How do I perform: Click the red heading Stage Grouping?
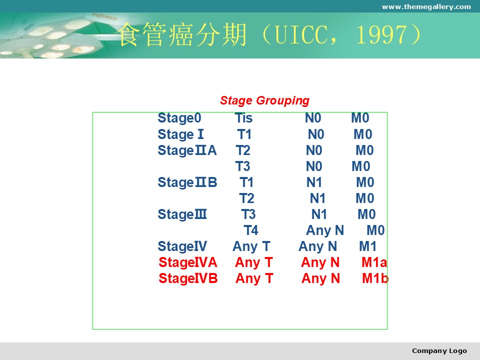(265, 100)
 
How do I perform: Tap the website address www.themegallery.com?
(426, 6)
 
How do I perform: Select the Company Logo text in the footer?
(439, 351)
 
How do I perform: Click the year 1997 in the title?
(383, 34)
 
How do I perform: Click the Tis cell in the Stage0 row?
(243, 118)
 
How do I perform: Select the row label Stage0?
(179, 118)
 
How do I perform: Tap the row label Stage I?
(180, 134)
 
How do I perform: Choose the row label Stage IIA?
(187, 150)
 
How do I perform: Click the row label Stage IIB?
(187, 182)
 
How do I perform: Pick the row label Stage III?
(182, 214)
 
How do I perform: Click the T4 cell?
(251, 230)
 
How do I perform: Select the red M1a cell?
(374, 262)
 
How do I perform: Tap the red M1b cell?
(375, 278)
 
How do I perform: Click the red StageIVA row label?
(188, 262)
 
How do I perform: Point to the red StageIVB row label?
(188, 278)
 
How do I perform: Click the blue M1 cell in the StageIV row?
(367, 246)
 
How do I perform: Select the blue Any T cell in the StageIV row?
(251, 246)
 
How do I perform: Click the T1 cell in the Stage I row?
(244, 134)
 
